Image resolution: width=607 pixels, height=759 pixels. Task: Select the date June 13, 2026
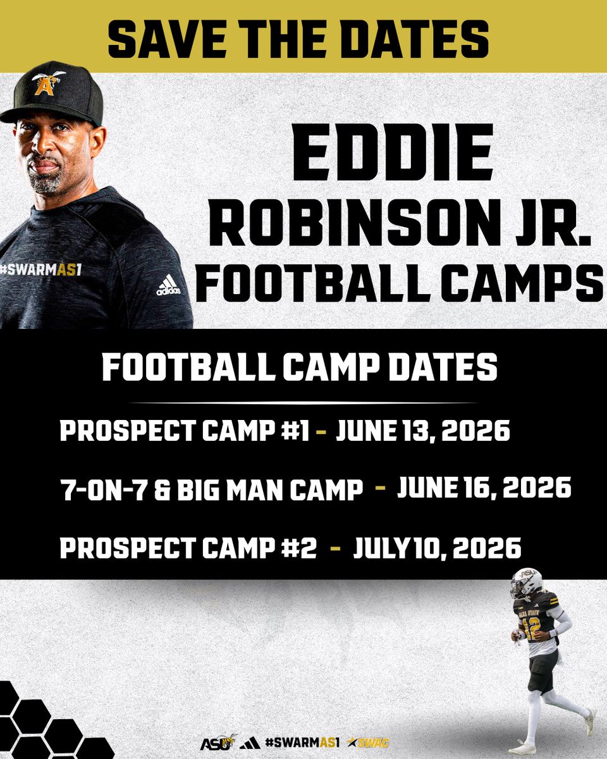[422, 432]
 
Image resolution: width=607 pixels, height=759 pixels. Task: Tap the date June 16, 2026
[484, 489]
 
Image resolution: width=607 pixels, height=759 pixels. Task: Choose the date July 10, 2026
[437, 548]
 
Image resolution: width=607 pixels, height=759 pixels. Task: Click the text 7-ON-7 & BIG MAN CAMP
[212, 490]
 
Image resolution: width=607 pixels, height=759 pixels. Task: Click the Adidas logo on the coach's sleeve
[169, 287]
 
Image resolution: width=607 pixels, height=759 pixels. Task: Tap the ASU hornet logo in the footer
[219, 741]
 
